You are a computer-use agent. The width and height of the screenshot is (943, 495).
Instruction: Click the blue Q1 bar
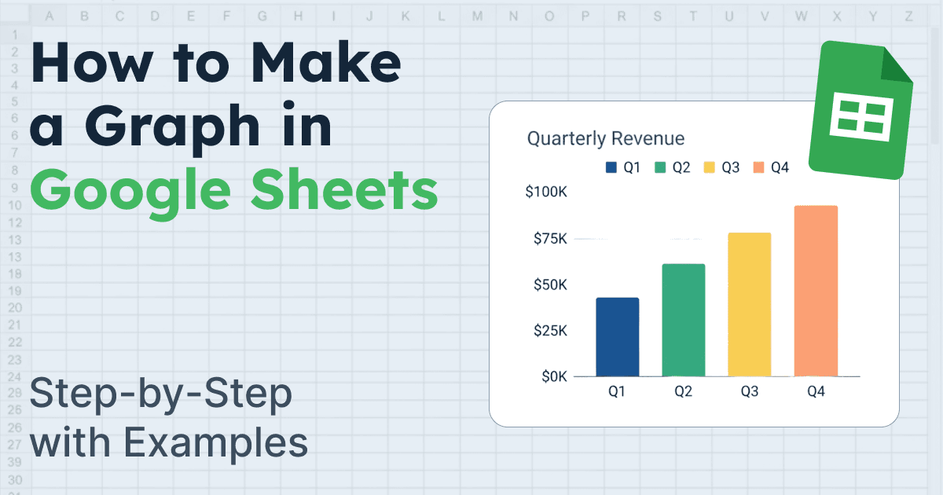(x=617, y=337)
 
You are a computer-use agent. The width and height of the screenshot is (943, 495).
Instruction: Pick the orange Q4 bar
(x=816, y=291)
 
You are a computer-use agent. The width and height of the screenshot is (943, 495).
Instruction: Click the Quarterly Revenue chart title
(x=605, y=139)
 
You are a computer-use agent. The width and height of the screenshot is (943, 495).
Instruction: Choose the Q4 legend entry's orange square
(x=758, y=167)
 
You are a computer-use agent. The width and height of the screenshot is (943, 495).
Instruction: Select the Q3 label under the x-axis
(x=749, y=391)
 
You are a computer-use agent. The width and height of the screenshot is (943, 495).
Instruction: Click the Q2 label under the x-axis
(x=683, y=391)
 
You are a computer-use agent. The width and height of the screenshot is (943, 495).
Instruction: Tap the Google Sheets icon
(x=860, y=110)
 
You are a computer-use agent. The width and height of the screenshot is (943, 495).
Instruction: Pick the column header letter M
(x=477, y=16)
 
